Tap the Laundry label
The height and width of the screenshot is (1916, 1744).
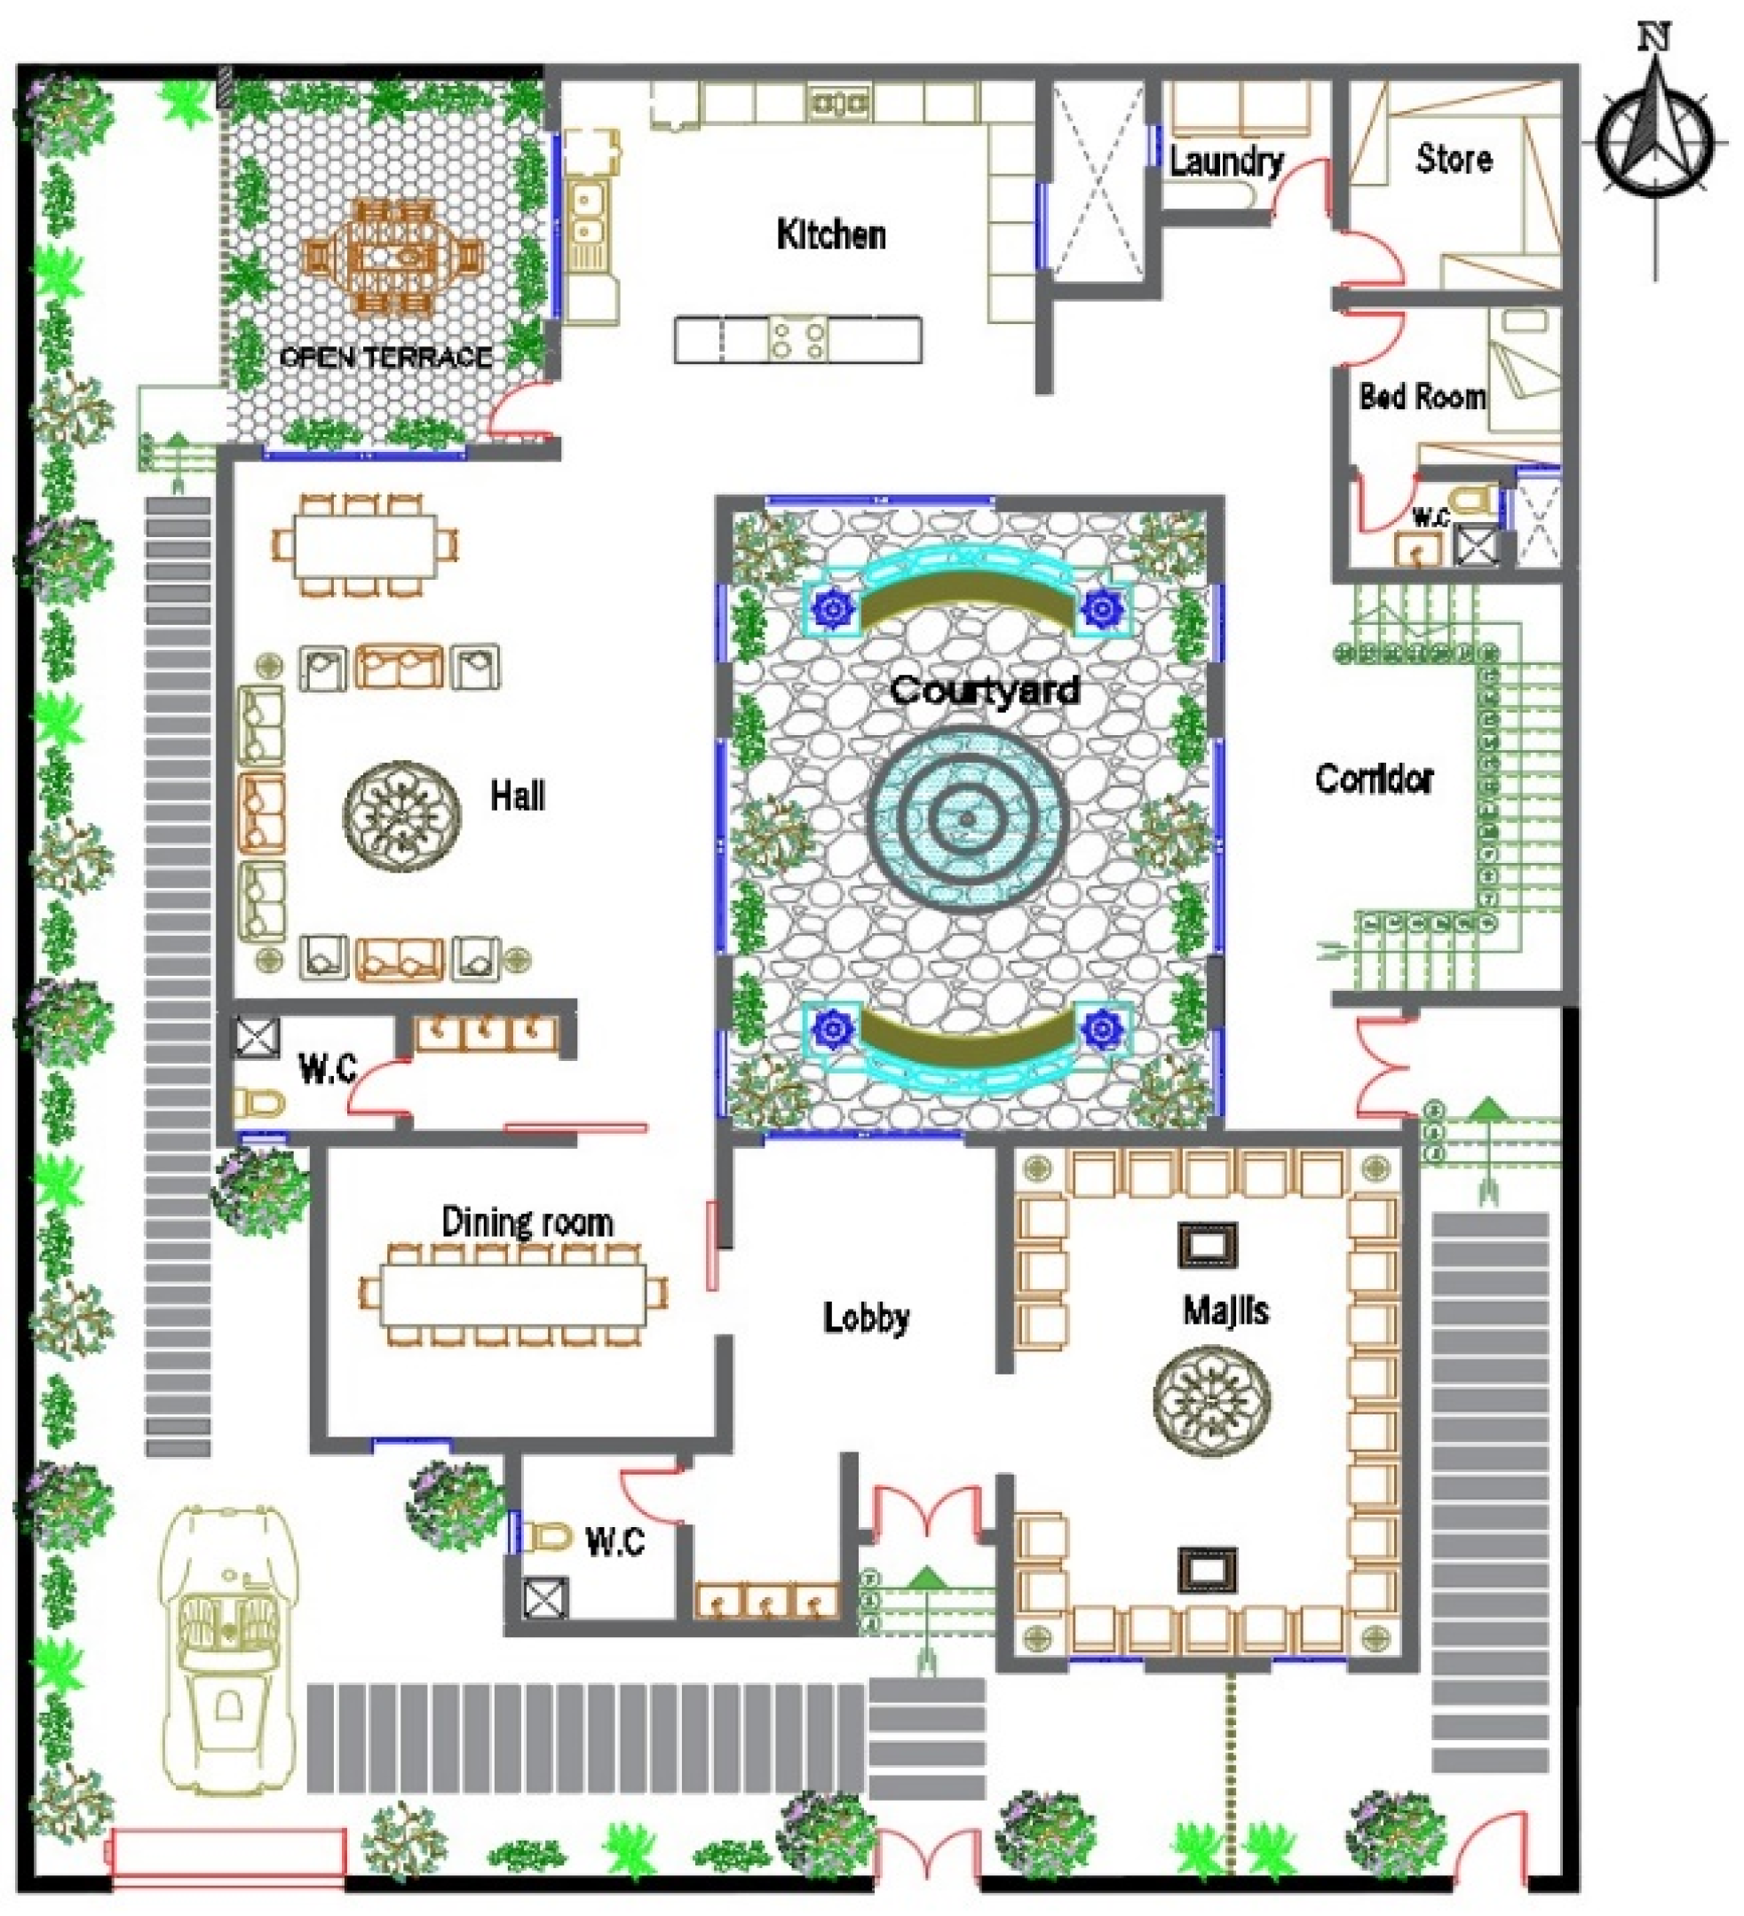click(x=1226, y=162)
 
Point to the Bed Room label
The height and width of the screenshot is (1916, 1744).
click(x=1422, y=395)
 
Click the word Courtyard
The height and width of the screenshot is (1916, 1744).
click(x=985, y=689)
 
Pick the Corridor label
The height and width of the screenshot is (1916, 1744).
click(x=1374, y=779)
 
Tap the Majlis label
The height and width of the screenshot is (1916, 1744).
click(x=1225, y=1310)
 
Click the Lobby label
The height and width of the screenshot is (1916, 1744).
click(x=866, y=1318)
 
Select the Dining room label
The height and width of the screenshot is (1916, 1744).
click(x=527, y=1223)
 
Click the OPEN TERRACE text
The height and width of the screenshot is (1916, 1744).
click(x=386, y=357)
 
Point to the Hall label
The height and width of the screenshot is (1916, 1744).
click(x=518, y=796)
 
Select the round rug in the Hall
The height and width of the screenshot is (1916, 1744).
click(x=402, y=815)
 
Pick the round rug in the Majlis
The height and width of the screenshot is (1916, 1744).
click(x=1212, y=1400)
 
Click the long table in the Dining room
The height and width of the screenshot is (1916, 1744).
click(x=513, y=1294)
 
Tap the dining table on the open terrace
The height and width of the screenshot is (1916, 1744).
click(x=392, y=257)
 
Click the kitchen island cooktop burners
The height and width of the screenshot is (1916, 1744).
click(x=797, y=339)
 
